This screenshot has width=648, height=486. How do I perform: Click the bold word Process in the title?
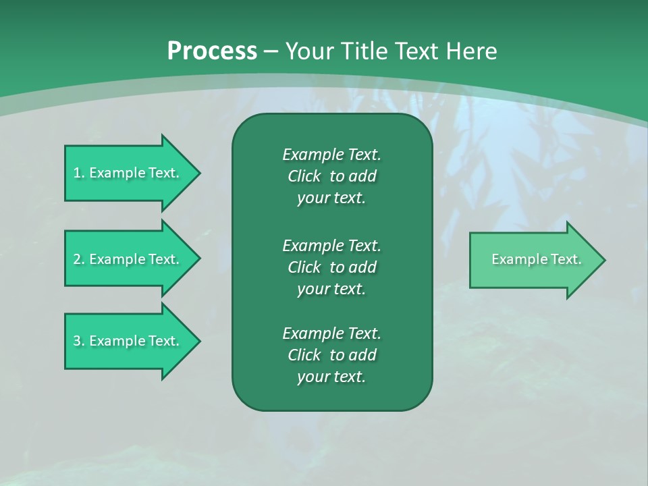(212, 51)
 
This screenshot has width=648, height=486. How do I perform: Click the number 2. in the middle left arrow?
(79, 259)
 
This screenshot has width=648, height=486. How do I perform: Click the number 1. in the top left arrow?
(79, 173)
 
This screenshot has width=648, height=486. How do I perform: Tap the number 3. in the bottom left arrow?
(79, 341)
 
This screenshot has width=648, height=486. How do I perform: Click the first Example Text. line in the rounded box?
(331, 155)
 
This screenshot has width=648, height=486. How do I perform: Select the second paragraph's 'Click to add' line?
(331, 267)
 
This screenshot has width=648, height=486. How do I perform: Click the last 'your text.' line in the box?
(331, 377)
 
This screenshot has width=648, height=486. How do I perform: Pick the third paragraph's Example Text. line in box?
(331, 333)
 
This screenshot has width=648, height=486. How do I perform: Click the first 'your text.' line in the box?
(331, 198)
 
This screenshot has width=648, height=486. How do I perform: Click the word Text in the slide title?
(416, 51)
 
